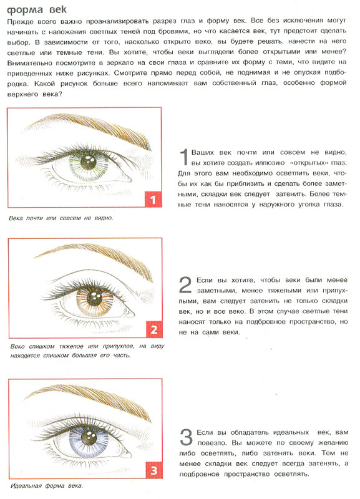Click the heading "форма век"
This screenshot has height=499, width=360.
click(37, 9)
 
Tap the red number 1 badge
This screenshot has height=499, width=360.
click(153, 200)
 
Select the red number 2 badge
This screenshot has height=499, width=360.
click(154, 329)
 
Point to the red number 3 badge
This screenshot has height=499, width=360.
click(154, 470)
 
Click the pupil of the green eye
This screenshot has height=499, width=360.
click(88, 162)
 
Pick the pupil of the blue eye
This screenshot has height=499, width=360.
click(89, 438)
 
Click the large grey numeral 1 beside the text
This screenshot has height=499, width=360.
click(184, 157)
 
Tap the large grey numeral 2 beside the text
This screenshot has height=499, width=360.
click(185, 285)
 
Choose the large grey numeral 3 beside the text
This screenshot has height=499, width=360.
click(186, 437)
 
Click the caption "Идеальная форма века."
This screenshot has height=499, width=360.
click(46, 486)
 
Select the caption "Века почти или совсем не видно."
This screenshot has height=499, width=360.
click(61, 218)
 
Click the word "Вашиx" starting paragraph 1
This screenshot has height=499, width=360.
click(203, 152)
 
